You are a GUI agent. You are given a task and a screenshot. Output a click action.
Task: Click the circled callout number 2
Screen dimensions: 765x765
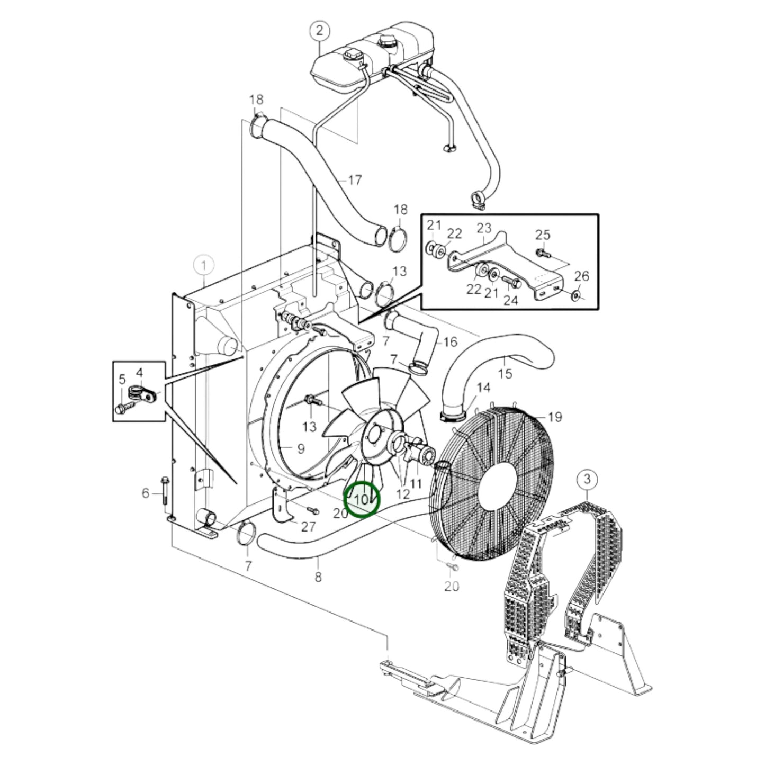tap(319, 31)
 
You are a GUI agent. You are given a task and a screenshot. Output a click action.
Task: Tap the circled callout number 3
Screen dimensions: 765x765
tap(586, 480)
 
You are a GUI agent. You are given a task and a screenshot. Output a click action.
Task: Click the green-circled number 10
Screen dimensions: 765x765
tap(362, 499)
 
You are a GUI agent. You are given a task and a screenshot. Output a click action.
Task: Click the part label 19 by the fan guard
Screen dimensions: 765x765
tap(554, 418)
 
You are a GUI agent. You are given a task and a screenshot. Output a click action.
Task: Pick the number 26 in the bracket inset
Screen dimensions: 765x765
tap(581, 276)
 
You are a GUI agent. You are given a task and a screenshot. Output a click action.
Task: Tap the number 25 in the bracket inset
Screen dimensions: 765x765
tap(543, 235)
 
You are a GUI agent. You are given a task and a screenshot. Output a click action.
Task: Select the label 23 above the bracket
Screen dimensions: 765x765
tap(484, 228)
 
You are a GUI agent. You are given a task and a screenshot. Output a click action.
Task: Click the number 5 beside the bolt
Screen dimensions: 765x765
tap(122, 379)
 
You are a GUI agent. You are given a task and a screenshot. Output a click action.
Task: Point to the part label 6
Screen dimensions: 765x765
tap(146, 493)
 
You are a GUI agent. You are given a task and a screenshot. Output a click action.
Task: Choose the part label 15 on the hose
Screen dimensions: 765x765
tap(505, 374)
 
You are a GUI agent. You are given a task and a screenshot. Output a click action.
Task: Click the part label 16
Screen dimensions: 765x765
tap(449, 342)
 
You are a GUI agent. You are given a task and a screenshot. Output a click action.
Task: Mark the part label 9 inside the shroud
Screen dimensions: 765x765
tap(300, 449)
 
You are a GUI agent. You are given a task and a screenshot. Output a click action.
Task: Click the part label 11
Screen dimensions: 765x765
tap(416, 483)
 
